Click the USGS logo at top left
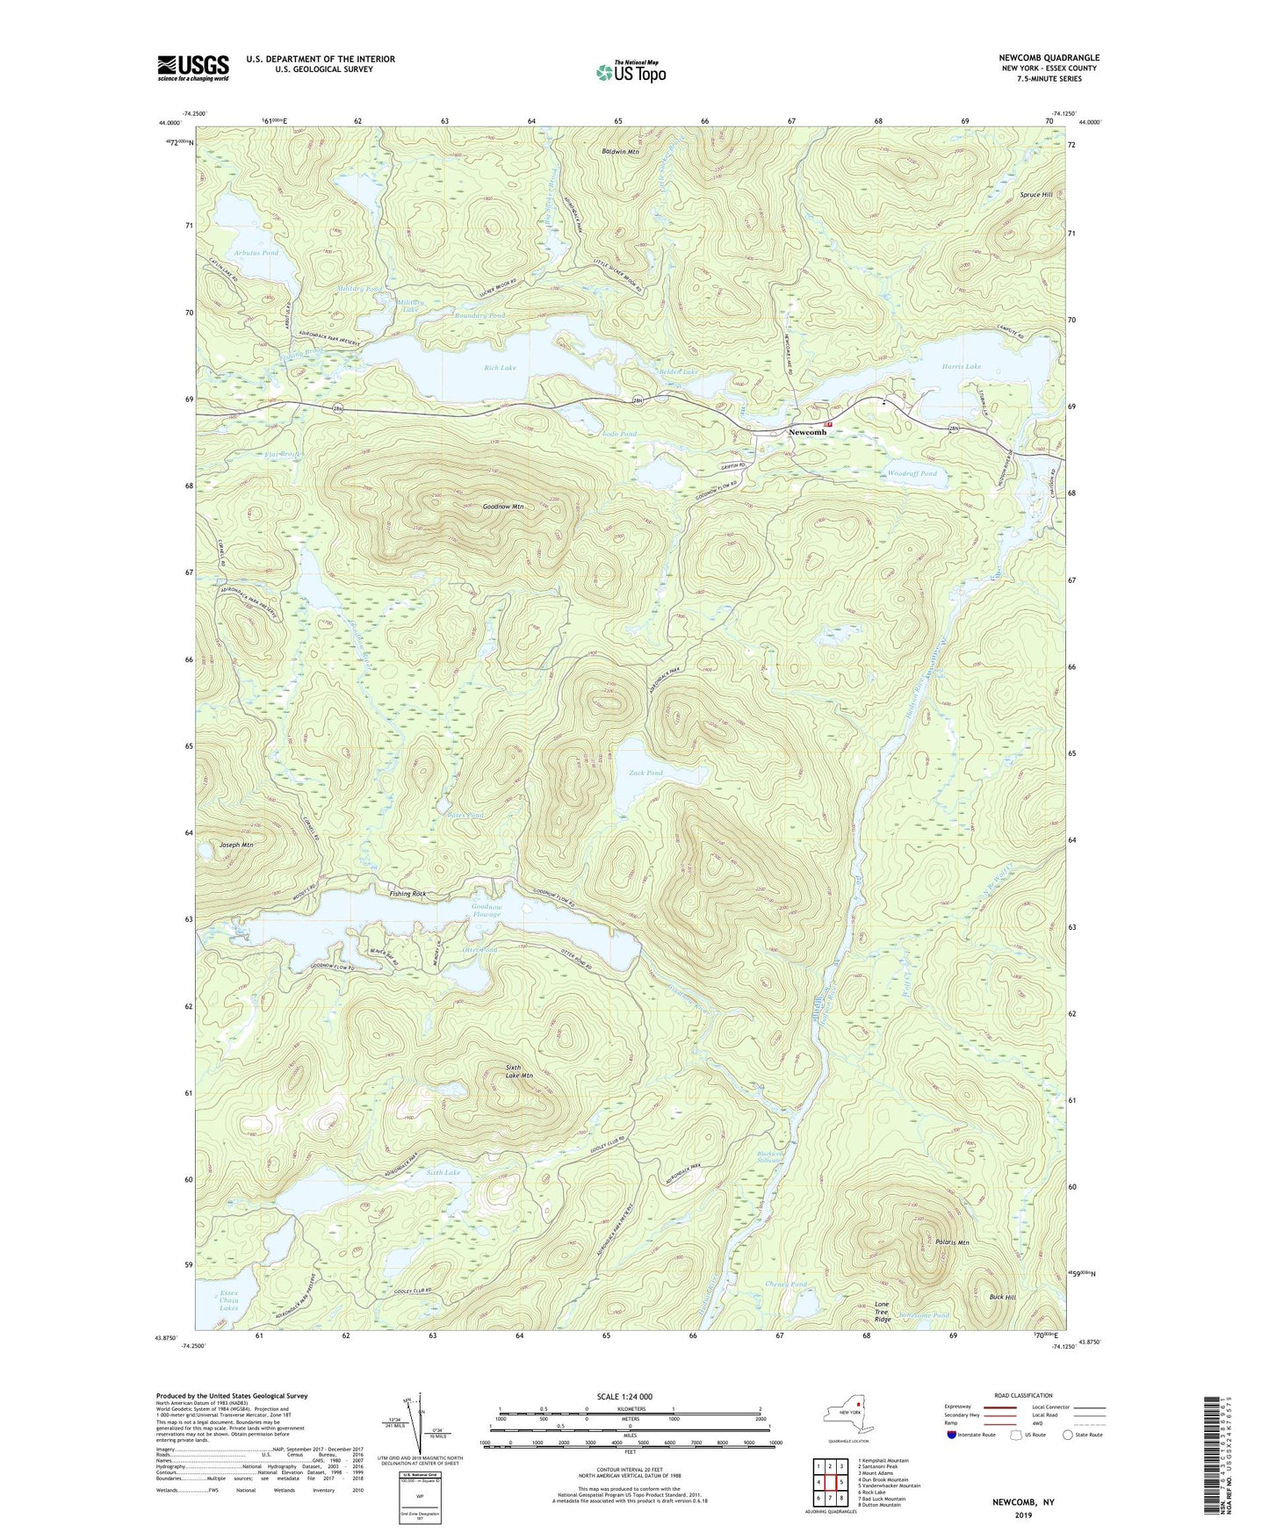193,68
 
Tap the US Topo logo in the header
630,72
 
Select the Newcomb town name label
807,432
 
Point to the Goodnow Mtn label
502,507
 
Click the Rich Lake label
501,368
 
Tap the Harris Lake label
962,366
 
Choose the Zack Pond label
645,773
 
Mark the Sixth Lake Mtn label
519,1071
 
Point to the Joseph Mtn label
234,845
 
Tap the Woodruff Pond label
912,473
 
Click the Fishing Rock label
407,893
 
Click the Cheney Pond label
786,1284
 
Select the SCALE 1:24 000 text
624,1396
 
